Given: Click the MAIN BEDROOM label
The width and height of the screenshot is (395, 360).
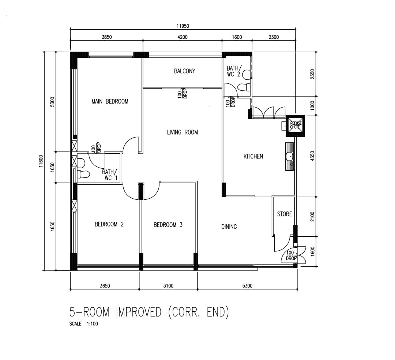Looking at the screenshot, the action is (110, 101).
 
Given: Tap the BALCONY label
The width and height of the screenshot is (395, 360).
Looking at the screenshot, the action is (185, 71).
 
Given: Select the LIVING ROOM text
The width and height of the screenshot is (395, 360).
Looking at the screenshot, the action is (183, 132).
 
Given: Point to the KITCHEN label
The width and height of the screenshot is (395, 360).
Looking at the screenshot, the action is (253, 157).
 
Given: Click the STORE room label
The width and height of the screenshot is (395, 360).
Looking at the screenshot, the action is (285, 214).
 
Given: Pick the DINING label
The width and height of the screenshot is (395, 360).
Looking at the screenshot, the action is (229, 227).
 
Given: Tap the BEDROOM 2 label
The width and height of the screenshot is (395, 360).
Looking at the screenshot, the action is (109, 224).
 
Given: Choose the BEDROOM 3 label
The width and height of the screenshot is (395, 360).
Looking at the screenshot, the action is (168, 225).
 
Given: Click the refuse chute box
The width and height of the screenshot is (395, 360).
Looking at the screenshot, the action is (295, 126).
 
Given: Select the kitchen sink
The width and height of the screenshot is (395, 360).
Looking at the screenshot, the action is (290, 157).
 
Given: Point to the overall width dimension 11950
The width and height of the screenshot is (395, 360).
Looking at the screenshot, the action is (183, 26).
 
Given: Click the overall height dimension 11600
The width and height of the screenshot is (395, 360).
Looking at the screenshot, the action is (41, 161).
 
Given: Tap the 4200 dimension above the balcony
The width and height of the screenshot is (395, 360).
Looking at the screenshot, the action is (183, 37).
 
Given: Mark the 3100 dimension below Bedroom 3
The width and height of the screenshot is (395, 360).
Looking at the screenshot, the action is (168, 286).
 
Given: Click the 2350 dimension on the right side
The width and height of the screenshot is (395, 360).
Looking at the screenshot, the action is (312, 74).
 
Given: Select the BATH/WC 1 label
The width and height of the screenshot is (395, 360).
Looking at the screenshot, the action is (110, 175).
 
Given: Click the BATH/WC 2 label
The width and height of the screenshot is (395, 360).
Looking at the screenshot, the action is (234, 71).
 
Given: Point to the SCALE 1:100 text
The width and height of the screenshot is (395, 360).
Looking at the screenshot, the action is (84, 324).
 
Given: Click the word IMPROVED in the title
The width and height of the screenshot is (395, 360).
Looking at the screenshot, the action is (139, 312).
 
